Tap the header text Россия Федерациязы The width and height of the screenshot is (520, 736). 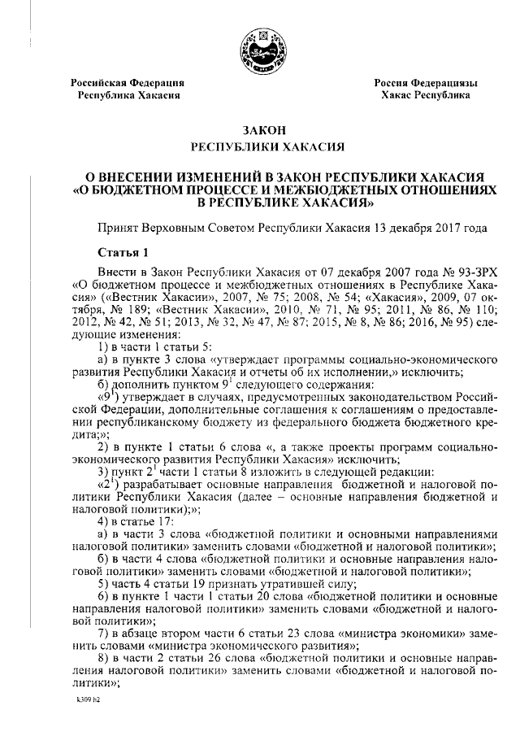pyautogui.click(x=425, y=83)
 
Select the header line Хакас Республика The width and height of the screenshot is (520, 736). pyautogui.click(x=425, y=95)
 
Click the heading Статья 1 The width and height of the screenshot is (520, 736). pyautogui.click(x=123, y=253)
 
